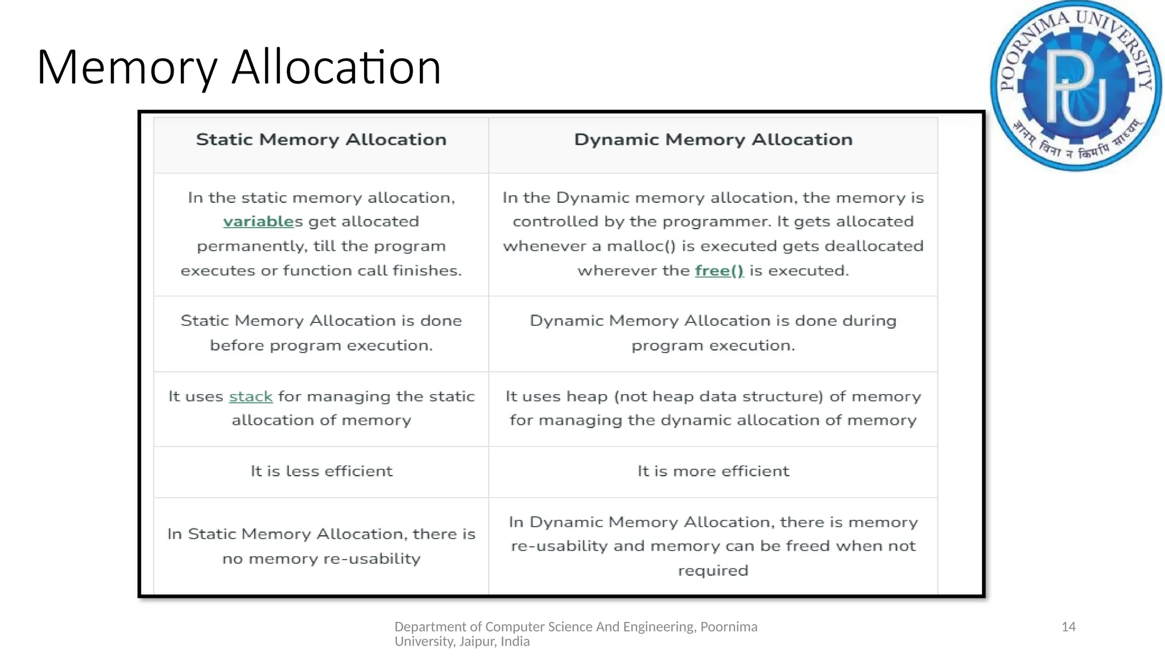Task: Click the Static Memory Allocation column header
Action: (321, 140)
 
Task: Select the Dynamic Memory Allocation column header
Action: (713, 140)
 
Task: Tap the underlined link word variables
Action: (258, 222)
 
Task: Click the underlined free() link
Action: (719, 270)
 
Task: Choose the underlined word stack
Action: (251, 396)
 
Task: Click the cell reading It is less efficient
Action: (321, 471)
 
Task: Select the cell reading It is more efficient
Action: (713, 471)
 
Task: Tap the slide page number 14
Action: (1068, 627)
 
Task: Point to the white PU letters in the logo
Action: (1077, 88)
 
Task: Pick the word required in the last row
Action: (713, 571)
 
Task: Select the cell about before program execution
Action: (321, 333)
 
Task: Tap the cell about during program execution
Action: (713, 333)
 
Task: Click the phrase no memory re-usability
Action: (321, 559)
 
